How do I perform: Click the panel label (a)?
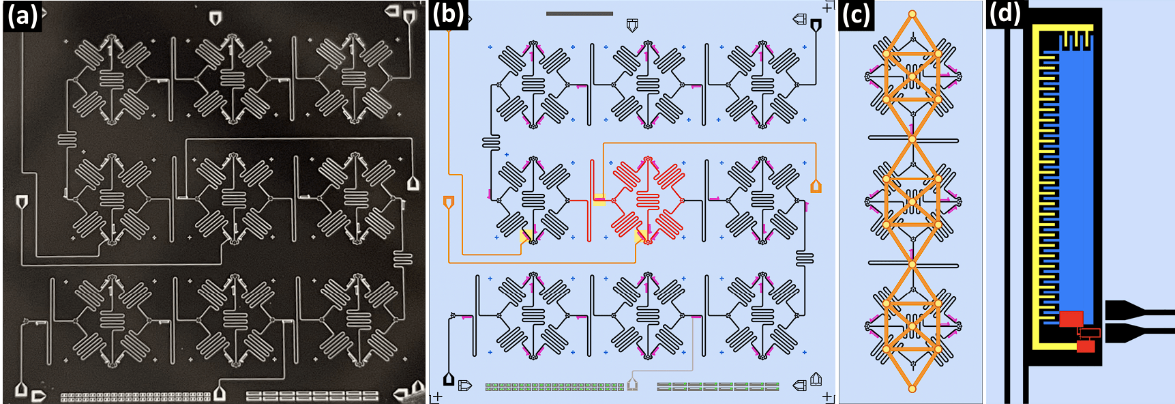(x=21, y=15)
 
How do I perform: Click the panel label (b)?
(x=448, y=15)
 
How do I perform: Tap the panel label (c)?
(x=856, y=15)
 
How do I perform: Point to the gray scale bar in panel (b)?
(x=579, y=13)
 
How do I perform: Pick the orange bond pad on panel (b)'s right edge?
(x=816, y=186)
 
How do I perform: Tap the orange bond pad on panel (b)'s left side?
(x=449, y=202)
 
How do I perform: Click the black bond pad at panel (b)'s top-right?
(x=816, y=25)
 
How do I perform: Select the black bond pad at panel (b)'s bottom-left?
(x=449, y=379)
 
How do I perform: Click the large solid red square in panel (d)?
(x=1071, y=319)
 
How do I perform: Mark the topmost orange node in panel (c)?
(x=912, y=14)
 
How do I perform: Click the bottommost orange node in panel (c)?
(x=912, y=389)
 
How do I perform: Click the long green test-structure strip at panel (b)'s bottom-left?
(x=554, y=387)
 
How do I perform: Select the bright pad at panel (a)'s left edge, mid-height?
(x=22, y=201)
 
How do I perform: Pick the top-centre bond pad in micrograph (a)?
(x=215, y=18)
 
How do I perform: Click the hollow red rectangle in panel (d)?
(x=1089, y=333)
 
